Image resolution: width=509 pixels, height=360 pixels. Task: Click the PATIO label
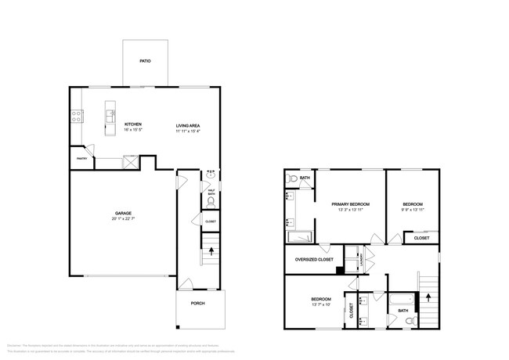[145, 60]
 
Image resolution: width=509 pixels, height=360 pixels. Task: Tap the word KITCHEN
[133, 124]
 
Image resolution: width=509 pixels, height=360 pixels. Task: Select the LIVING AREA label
[189, 124]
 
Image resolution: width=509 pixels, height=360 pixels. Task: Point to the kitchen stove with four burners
[77, 117]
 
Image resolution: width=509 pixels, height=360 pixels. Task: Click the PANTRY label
[81, 159]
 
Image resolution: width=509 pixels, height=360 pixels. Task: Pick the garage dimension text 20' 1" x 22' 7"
[122, 219]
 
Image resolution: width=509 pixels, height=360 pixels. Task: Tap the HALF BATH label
[211, 191]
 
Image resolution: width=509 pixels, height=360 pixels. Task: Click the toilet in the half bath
[211, 201]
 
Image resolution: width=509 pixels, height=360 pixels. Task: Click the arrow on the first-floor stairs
[210, 250]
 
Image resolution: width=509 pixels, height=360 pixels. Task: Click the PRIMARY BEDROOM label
[349, 203]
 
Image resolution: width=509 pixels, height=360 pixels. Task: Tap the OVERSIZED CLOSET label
[313, 259]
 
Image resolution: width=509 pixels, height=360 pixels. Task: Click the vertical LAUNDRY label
[361, 259]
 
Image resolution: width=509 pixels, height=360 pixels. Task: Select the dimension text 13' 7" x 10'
[321, 305]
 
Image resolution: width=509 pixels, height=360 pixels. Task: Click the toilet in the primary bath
[292, 179]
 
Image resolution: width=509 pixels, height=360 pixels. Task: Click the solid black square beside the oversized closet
[339, 271]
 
